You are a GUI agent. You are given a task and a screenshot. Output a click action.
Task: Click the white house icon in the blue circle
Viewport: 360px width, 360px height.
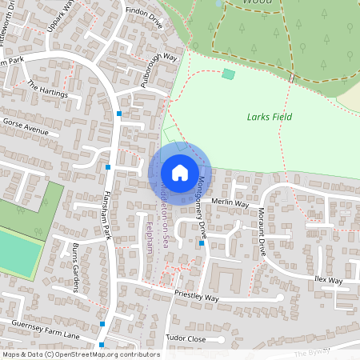coord(179,173)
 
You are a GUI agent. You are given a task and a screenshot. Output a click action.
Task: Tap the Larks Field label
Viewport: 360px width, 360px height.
coord(269,117)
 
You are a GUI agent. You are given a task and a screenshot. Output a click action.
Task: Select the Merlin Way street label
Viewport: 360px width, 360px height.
coord(230,203)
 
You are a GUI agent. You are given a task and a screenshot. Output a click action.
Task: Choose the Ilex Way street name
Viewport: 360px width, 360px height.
coord(328,281)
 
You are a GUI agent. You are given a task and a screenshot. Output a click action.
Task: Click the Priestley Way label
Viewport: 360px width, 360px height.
coord(196,297)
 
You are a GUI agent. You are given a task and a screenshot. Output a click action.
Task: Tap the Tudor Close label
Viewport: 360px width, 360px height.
coord(185,338)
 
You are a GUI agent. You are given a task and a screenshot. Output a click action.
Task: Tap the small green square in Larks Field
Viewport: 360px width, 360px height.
coord(229,74)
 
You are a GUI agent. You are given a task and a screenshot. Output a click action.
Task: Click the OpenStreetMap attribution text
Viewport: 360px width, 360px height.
coord(80,354)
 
